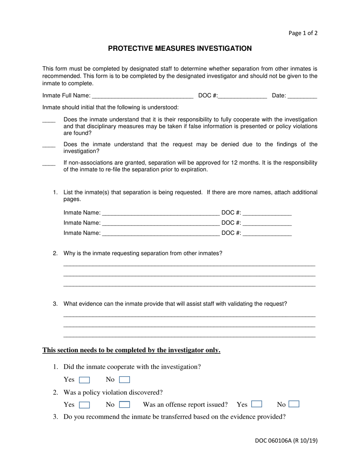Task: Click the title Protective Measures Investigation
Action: click(x=180, y=48)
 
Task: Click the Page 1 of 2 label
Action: click(x=303, y=33)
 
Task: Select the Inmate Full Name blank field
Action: click(x=142, y=96)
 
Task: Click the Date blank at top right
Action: click(x=302, y=96)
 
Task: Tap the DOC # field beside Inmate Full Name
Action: click(x=243, y=96)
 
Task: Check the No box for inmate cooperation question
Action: click(x=124, y=380)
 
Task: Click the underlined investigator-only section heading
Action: click(x=131, y=350)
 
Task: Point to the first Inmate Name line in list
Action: click(x=161, y=214)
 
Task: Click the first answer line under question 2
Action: click(x=189, y=265)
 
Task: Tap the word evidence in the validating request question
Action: click(x=90, y=304)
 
